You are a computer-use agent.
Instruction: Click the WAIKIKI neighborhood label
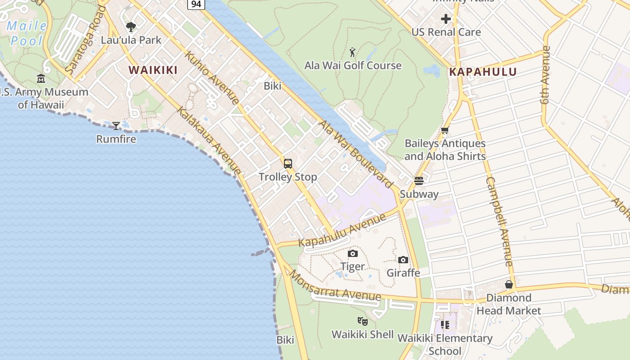click(153, 70)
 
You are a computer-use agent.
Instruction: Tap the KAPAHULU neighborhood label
click(483, 72)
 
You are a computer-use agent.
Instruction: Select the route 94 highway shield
click(196, 4)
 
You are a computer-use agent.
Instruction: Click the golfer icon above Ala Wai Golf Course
click(353, 52)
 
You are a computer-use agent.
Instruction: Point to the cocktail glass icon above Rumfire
click(116, 126)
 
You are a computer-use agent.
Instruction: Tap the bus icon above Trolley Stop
click(288, 164)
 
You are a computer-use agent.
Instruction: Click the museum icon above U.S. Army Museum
click(41, 79)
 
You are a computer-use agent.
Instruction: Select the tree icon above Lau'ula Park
click(131, 27)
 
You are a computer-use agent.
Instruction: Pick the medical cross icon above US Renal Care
click(446, 19)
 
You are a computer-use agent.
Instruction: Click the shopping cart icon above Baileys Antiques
click(445, 130)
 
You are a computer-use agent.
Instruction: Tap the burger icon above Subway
click(419, 181)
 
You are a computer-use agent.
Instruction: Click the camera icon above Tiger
click(353, 254)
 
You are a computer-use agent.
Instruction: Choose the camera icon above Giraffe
click(403, 260)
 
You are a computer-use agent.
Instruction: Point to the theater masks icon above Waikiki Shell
click(363, 321)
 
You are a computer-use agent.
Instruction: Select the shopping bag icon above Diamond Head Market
click(509, 284)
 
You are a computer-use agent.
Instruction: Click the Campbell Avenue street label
click(499, 221)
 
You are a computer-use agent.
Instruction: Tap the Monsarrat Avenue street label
click(335, 287)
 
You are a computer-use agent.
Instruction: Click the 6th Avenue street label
click(546, 75)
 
